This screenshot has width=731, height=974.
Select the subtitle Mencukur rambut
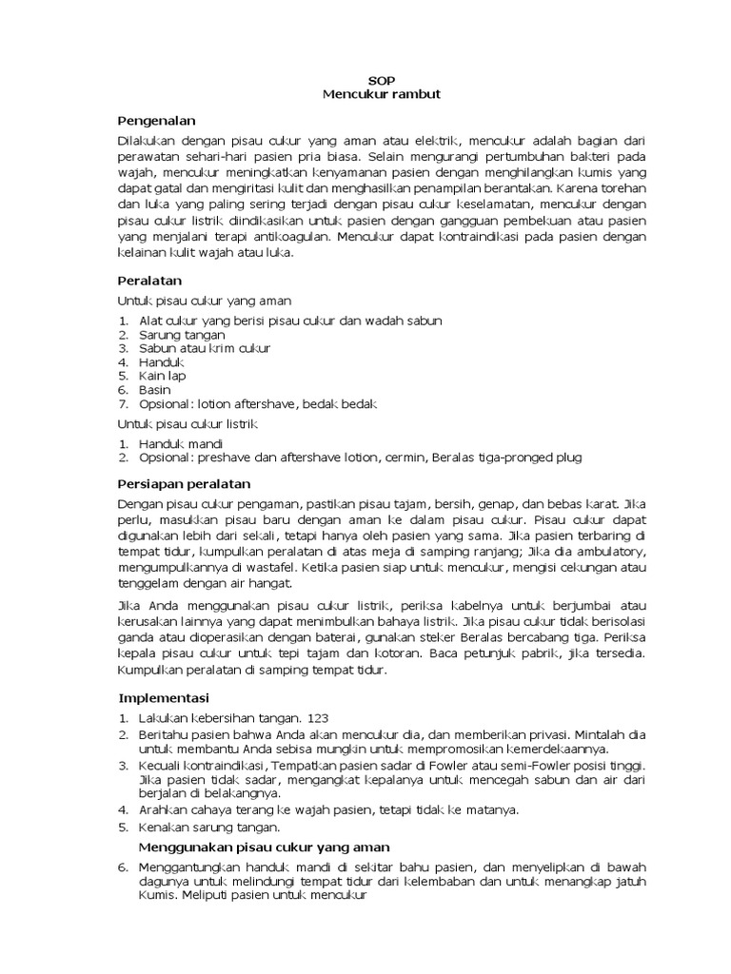[381, 94]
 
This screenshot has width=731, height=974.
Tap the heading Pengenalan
[156, 121]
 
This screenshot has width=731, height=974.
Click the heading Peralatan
[149, 281]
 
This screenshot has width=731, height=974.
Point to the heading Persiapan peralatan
[184, 483]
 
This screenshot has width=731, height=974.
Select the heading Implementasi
[164, 698]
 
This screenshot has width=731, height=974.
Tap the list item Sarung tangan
[182, 335]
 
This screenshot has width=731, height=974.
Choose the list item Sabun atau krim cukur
[205, 348]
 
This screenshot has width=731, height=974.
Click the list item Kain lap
[162, 376]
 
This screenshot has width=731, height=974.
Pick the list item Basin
[155, 390]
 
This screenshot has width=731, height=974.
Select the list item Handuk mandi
[181, 443]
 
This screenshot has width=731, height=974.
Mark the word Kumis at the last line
[158, 895]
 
